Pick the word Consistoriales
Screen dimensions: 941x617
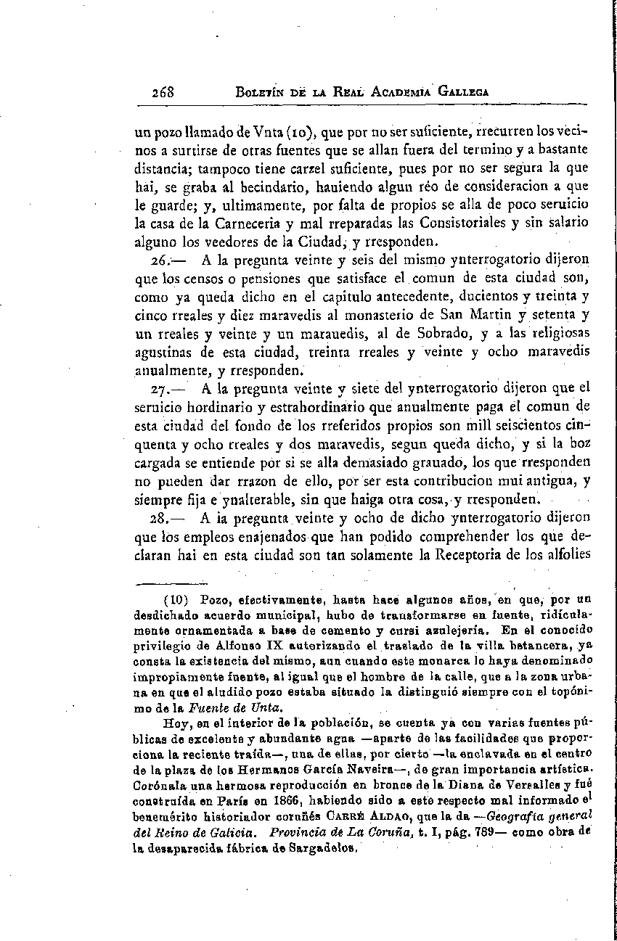tap(449, 221)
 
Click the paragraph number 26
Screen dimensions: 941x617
tap(159, 258)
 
